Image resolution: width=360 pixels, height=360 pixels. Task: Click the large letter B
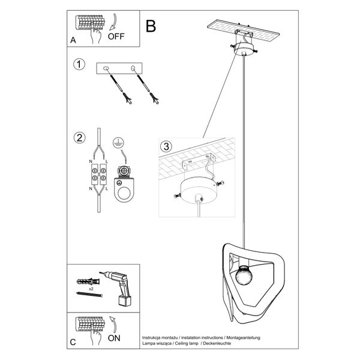pos(151,26)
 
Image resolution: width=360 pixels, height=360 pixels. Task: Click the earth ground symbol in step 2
pos(118,144)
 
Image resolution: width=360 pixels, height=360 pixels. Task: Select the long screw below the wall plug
pos(91,296)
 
